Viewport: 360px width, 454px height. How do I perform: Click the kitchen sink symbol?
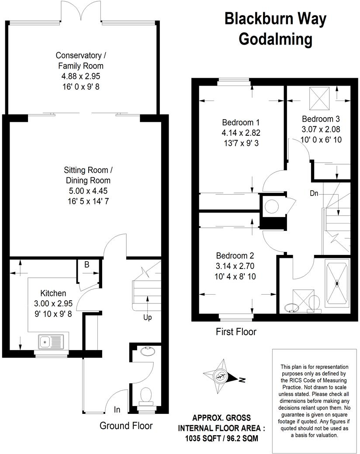(x=51, y=342)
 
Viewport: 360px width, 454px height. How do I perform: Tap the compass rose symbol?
(x=221, y=376)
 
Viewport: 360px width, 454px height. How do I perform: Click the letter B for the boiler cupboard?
(x=87, y=264)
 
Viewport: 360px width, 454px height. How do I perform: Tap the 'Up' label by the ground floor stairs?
(x=148, y=317)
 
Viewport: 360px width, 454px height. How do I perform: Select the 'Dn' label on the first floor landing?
(x=314, y=193)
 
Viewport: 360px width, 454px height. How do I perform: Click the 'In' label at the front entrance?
(x=117, y=409)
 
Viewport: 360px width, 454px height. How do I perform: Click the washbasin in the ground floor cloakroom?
(x=145, y=351)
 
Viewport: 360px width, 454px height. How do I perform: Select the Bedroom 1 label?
(x=238, y=122)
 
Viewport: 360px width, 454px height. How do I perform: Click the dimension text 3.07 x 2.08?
(x=321, y=129)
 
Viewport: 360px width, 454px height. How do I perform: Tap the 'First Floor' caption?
(x=236, y=332)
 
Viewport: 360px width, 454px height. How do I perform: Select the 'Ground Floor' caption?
(x=126, y=425)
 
